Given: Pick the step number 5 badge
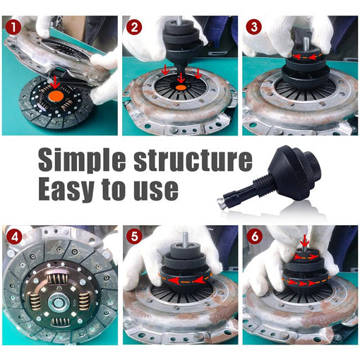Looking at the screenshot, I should (134, 235).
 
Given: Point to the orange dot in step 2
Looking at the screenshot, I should (180, 86).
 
